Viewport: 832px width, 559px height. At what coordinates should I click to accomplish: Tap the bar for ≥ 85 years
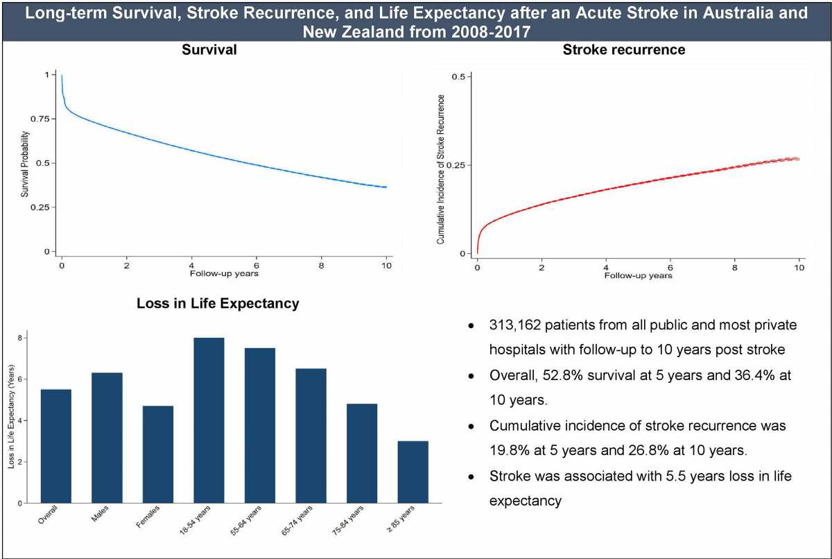point(413,472)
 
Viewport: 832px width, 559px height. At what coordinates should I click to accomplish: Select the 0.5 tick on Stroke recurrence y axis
point(458,76)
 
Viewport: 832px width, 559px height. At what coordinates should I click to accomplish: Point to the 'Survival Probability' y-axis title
point(25,162)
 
